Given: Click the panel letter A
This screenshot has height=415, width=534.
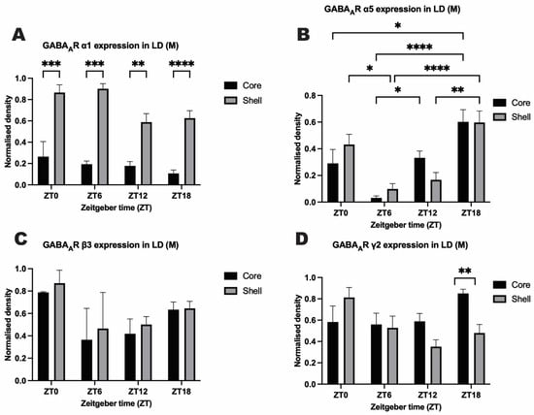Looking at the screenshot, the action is click(x=18, y=35).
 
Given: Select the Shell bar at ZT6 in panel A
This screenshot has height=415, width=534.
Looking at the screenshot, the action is click(x=103, y=137).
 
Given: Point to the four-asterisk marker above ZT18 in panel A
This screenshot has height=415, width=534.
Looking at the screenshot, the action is click(x=182, y=64).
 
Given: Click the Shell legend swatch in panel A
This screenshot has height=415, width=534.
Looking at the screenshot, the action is click(x=230, y=100).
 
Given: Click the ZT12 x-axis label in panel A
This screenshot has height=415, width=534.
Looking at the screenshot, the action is click(x=138, y=196).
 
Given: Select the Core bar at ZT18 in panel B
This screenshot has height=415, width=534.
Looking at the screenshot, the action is click(x=463, y=162).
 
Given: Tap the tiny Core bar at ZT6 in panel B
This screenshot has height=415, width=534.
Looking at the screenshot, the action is click(x=377, y=200).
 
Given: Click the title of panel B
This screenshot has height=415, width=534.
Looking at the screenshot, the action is click(x=392, y=9).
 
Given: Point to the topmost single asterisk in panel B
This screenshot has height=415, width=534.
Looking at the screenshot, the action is click(x=397, y=25).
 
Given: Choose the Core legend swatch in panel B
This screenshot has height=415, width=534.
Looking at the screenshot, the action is click(x=500, y=103).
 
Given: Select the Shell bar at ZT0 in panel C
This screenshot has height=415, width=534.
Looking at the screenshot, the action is click(x=59, y=332).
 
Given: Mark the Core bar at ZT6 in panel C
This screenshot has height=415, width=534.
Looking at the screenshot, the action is click(x=86, y=361).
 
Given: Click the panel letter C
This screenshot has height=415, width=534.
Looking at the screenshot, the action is click(x=20, y=239).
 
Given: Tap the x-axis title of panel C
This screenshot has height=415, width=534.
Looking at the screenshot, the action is click(x=117, y=403).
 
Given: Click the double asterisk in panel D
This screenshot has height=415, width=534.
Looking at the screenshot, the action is click(x=465, y=271).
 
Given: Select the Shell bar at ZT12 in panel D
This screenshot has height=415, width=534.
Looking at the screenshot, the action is click(x=436, y=366).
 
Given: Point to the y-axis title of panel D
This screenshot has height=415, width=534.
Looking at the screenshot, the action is click(x=298, y=331).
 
